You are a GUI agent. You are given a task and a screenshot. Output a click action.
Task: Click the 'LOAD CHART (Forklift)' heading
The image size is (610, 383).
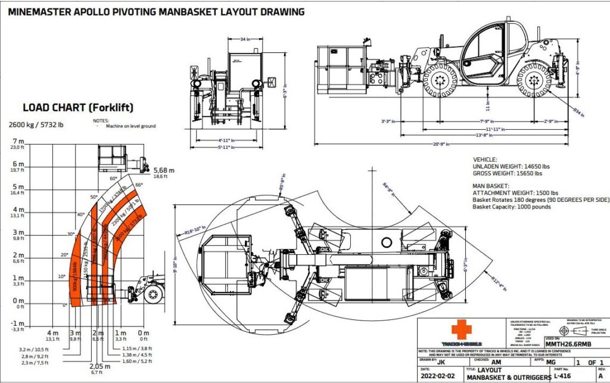[77, 108]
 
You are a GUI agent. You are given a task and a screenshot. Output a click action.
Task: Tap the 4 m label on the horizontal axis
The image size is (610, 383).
[53, 332]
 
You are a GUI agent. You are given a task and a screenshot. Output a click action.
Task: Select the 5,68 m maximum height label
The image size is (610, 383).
[164, 170]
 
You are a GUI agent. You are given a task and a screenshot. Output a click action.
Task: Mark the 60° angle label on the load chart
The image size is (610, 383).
[112, 178]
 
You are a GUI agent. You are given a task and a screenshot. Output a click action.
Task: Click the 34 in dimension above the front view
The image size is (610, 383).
[244, 40]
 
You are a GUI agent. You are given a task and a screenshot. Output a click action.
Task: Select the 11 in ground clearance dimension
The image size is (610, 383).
[487, 108]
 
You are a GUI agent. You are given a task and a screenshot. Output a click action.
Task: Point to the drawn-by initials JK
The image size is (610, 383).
[441, 361]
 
